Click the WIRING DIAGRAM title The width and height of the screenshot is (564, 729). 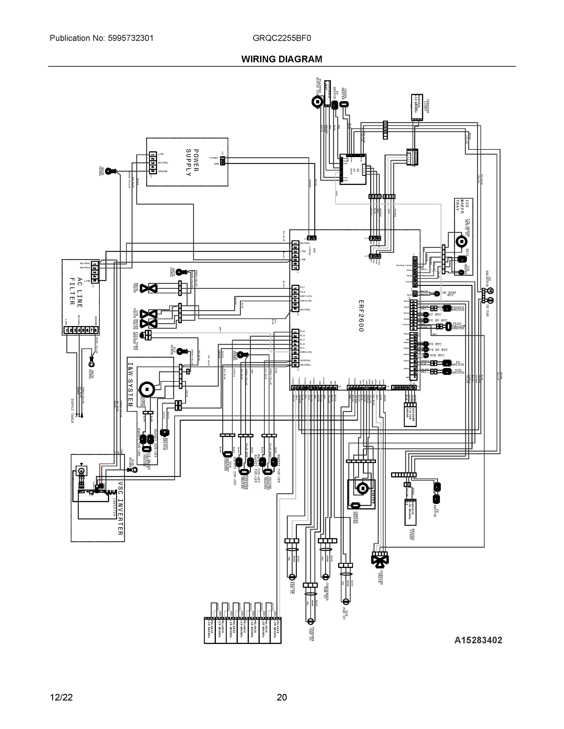click(x=282, y=59)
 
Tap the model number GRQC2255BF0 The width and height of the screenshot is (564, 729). click(x=282, y=38)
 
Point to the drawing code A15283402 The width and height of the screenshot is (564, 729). click(x=478, y=640)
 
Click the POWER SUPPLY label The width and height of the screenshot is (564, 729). click(x=192, y=163)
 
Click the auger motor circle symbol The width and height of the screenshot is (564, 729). click(x=147, y=389)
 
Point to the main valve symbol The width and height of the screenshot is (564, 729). click(x=148, y=288)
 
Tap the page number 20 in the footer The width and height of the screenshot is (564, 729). click(x=282, y=697)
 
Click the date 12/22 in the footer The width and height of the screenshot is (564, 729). click(x=61, y=697)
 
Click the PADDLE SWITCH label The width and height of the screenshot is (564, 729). click(x=458, y=309)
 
